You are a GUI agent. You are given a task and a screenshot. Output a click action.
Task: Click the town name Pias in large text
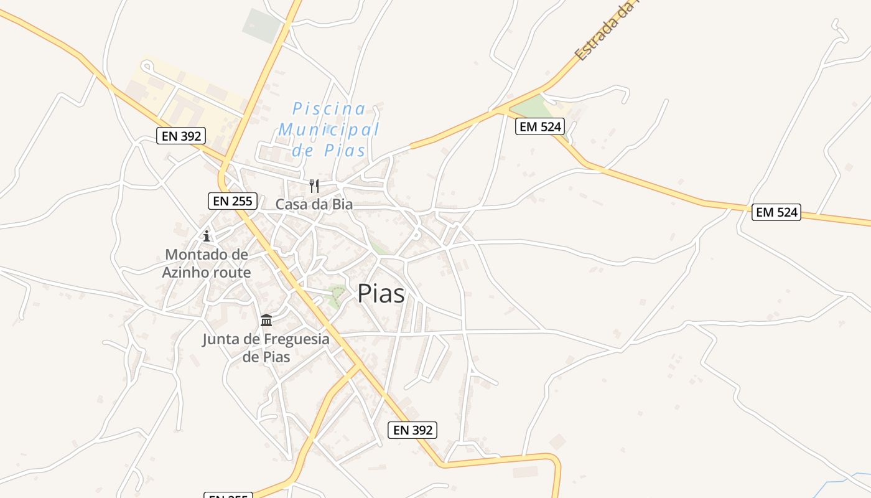tap(381, 294)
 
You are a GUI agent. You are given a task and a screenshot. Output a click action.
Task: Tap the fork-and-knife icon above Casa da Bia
tap(314, 186)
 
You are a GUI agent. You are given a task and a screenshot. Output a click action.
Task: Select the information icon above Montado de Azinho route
tap(207, 236)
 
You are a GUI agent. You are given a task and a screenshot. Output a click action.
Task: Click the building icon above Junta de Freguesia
tap(266, 321)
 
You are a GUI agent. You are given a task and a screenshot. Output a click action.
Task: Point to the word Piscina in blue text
tap(329, 109)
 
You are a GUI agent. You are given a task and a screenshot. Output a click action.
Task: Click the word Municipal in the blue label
tap(328, 129)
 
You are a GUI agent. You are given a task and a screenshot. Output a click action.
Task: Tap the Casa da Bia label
tap(314, 204)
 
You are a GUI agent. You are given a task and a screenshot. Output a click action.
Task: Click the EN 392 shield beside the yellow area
tap(181, 136)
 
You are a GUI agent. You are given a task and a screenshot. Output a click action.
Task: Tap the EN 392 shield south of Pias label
tap(412, 430)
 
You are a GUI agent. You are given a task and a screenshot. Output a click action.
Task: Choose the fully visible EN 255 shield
tap(232, 200)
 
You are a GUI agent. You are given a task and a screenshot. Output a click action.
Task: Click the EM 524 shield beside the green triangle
tap(540, 127)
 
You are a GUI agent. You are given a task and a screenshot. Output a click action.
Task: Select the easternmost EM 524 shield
tap(776, 212)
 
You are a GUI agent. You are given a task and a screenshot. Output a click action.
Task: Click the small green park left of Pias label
tap(337, 295)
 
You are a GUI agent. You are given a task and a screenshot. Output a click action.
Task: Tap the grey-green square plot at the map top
tap(262, 25)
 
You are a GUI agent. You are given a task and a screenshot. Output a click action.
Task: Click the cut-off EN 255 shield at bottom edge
tap(228, 496)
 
